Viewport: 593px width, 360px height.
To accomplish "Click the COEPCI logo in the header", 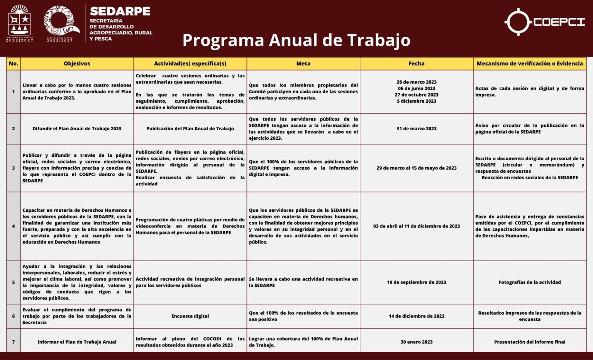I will tap(544, 22).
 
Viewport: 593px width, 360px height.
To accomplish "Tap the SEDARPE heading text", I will tap(120, 11).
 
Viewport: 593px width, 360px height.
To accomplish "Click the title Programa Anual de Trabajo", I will tap(296, 40).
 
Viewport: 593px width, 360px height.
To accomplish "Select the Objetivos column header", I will tap(77, 64).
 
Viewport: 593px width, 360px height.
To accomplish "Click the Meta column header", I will tap(303, 64).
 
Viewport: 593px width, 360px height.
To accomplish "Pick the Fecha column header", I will tap(416, 64).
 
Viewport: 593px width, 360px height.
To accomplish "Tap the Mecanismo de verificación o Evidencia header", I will tap(530, 64).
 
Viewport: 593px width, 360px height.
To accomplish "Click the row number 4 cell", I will tap(14, 226).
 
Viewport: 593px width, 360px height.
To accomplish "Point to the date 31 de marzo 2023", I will tap(416, 129).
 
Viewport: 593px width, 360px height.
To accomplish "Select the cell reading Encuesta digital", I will tap(190, 316).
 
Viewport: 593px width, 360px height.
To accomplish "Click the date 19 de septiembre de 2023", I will tap(416, 282).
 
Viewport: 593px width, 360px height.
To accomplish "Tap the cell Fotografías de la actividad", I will tap(530, 282).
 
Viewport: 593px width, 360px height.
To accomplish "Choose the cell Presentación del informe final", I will tap(530, 342).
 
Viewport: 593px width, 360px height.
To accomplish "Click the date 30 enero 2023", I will tap(416, 342).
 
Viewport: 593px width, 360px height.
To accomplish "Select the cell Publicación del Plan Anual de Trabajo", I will tap(190, 129).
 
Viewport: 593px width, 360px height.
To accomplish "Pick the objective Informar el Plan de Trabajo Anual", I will tap(77, 342).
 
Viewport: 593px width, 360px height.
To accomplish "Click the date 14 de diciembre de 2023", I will tap(416, 316).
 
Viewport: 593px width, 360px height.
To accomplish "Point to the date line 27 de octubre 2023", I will tap(416, 95).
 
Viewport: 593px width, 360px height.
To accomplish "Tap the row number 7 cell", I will tap(14, 342).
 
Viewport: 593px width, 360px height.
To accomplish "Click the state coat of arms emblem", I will tap(20, 22).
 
